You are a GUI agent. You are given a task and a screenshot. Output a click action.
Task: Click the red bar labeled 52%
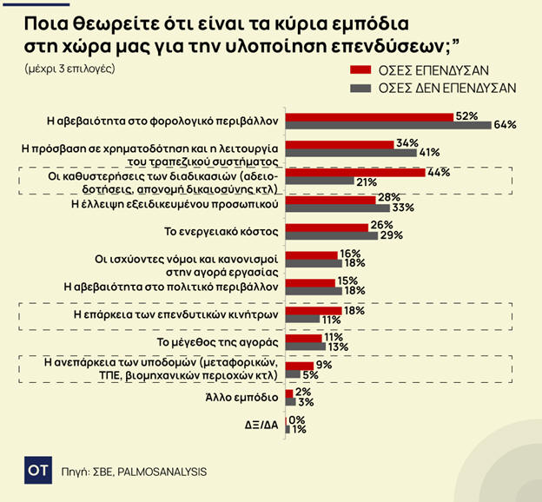click(369, 116)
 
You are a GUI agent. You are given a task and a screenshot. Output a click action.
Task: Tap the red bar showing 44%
click(355, 172)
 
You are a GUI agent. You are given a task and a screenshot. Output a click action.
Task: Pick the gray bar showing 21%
click(319, 181)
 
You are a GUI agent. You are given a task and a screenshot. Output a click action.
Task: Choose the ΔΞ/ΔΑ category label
click(259, 424)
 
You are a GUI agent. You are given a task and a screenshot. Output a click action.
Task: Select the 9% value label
click(325, 366)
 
